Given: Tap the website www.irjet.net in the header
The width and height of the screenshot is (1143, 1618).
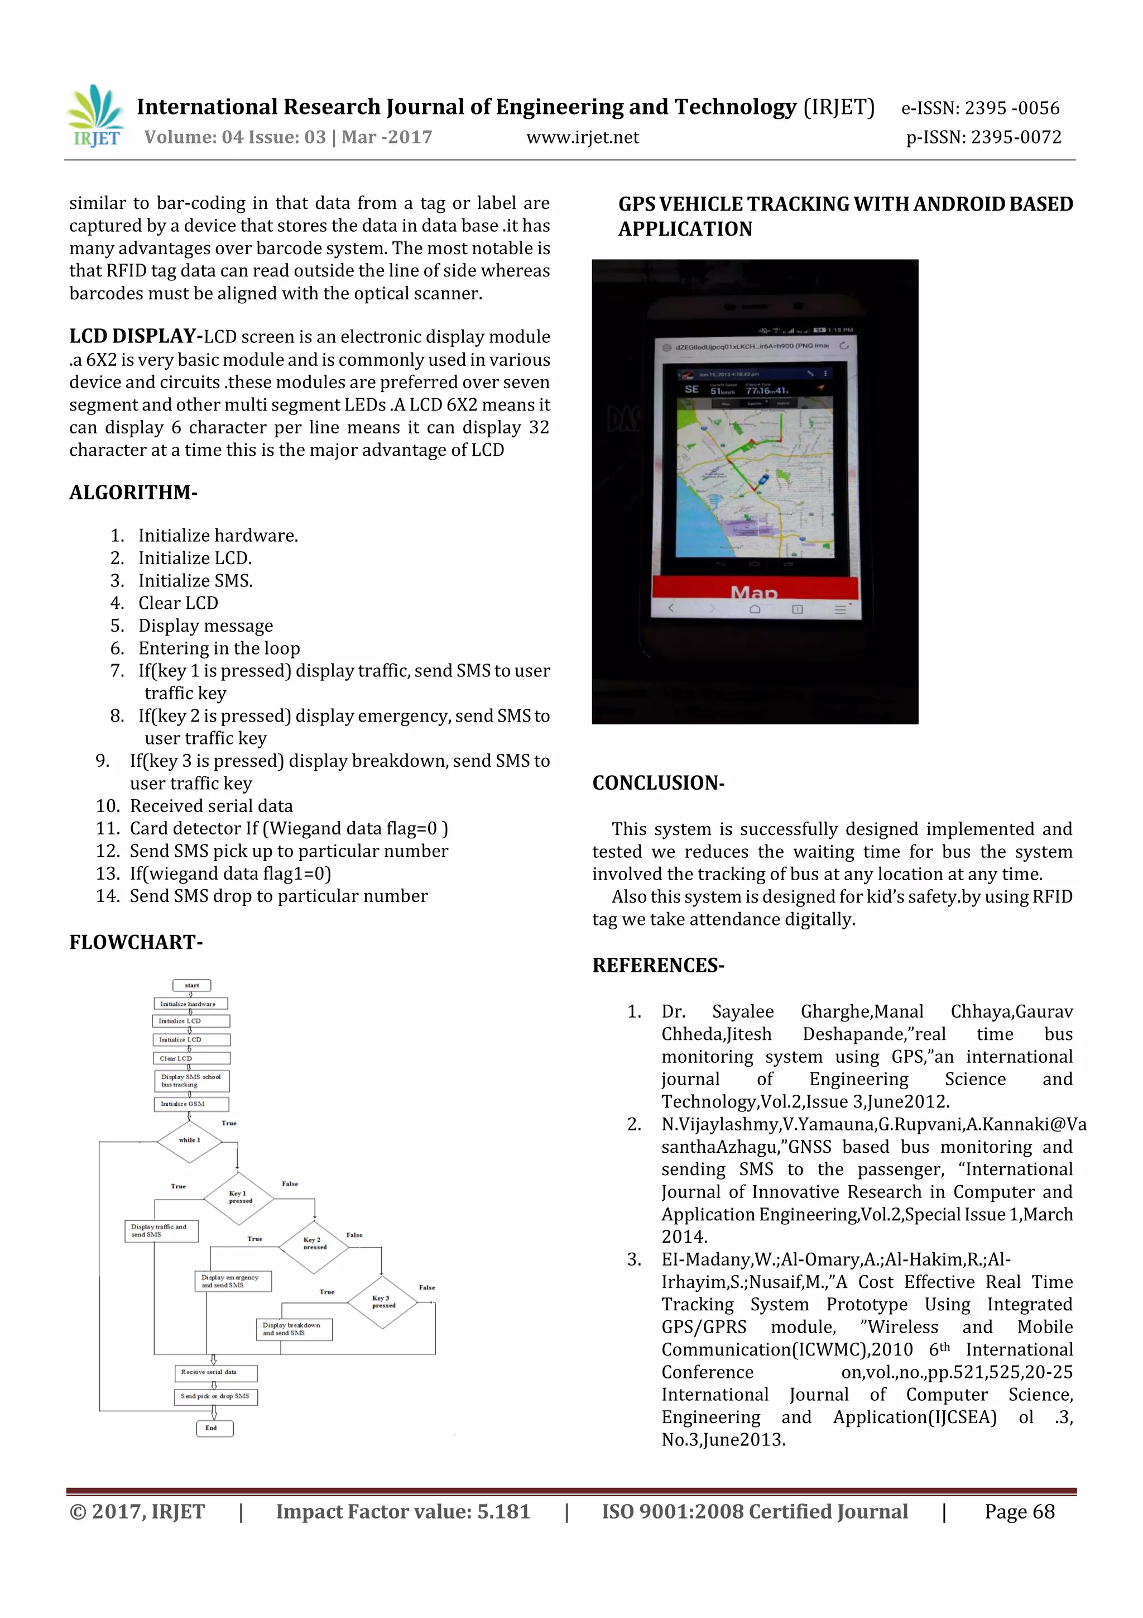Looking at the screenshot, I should (583, 137).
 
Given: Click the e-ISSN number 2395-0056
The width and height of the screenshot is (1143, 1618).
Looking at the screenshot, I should (1011, 108).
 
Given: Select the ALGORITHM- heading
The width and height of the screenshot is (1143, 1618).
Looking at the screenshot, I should (133, 493).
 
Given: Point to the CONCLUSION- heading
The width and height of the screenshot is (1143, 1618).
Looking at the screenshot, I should (658, 784).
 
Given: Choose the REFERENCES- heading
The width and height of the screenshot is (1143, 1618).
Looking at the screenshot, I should (658, 966).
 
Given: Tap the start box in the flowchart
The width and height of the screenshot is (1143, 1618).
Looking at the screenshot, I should (191, 985).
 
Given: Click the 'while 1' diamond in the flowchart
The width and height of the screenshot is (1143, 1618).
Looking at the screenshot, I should (189, 1140).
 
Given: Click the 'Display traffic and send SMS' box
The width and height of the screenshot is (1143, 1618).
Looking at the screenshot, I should (161, 1231).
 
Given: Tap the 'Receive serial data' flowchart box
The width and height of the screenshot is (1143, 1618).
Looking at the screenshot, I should (215, 1373).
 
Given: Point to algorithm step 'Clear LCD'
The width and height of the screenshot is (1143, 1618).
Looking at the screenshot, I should (178, 604).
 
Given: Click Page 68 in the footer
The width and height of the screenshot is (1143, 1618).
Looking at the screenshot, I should (1019, 1511).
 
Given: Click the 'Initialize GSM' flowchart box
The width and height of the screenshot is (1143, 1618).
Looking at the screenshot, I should (191, 1104).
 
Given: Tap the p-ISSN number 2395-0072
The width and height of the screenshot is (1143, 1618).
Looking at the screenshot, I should (1015, 137).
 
